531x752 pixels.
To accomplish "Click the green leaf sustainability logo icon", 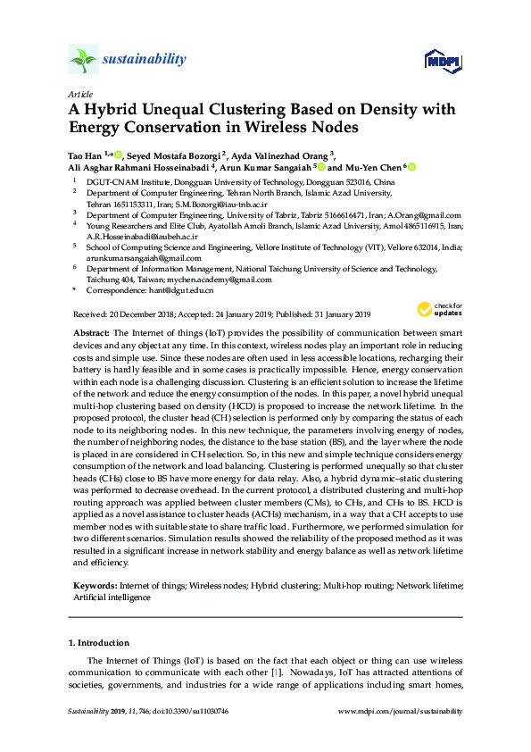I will click(83, 60).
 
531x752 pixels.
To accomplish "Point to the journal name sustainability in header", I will click(145, 60).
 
